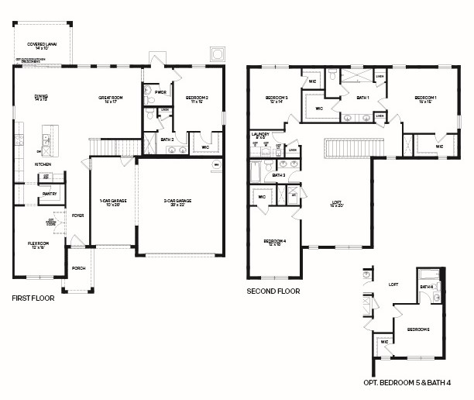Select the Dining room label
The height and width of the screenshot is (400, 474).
(x=40, y=98)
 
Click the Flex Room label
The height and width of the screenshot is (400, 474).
(x=39, y=245)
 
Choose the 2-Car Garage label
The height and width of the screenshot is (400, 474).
(x=177, y=202)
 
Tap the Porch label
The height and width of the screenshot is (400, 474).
(x=78, y=270)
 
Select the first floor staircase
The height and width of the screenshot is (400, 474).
(x=104, y=146)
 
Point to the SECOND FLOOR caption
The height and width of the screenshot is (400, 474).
(x=273, y=291)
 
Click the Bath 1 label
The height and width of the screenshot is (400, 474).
(x=362, y=98)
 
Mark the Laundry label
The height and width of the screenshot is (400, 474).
(x=260, y=136)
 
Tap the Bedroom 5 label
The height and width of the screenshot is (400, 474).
(x=418, y=329)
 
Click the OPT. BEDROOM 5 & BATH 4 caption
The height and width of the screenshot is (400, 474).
(x=413, y=383)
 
